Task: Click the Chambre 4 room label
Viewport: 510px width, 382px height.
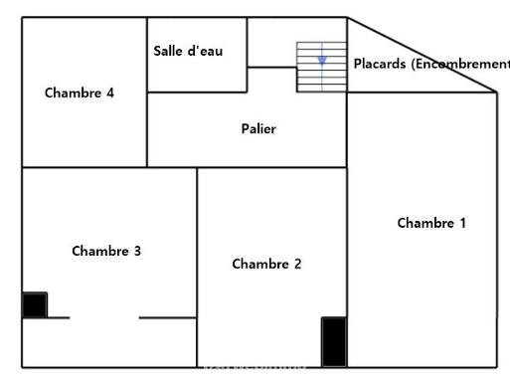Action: click(x=80, y=93)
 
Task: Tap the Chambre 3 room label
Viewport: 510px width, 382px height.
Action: click(x=106, y=251)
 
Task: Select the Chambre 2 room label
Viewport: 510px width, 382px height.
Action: click(x=266, y=264)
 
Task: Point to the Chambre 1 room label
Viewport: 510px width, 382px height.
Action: click(x=431, y=223)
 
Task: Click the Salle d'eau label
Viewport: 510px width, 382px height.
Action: click(x=188, y=51)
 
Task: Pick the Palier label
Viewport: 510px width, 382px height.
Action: click(x=258, y=129)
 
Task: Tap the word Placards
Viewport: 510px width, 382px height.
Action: click(x=379, y=63)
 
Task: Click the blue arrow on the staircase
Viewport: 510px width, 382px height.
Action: click(x=321, y=61)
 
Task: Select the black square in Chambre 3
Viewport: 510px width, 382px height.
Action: click(x=35, y=304)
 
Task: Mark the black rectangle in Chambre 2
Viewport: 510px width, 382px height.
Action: click(x=334, y=341)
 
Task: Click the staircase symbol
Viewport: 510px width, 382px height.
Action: click(x=321, y=68)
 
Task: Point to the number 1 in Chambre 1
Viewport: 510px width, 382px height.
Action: click(x=461, y=223)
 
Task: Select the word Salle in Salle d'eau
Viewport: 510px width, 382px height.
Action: click(x=166, y=51)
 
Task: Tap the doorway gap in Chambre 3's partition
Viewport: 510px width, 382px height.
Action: click(x=104, y=317)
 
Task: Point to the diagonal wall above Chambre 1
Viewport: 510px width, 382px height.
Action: click(x=422, y=54)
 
